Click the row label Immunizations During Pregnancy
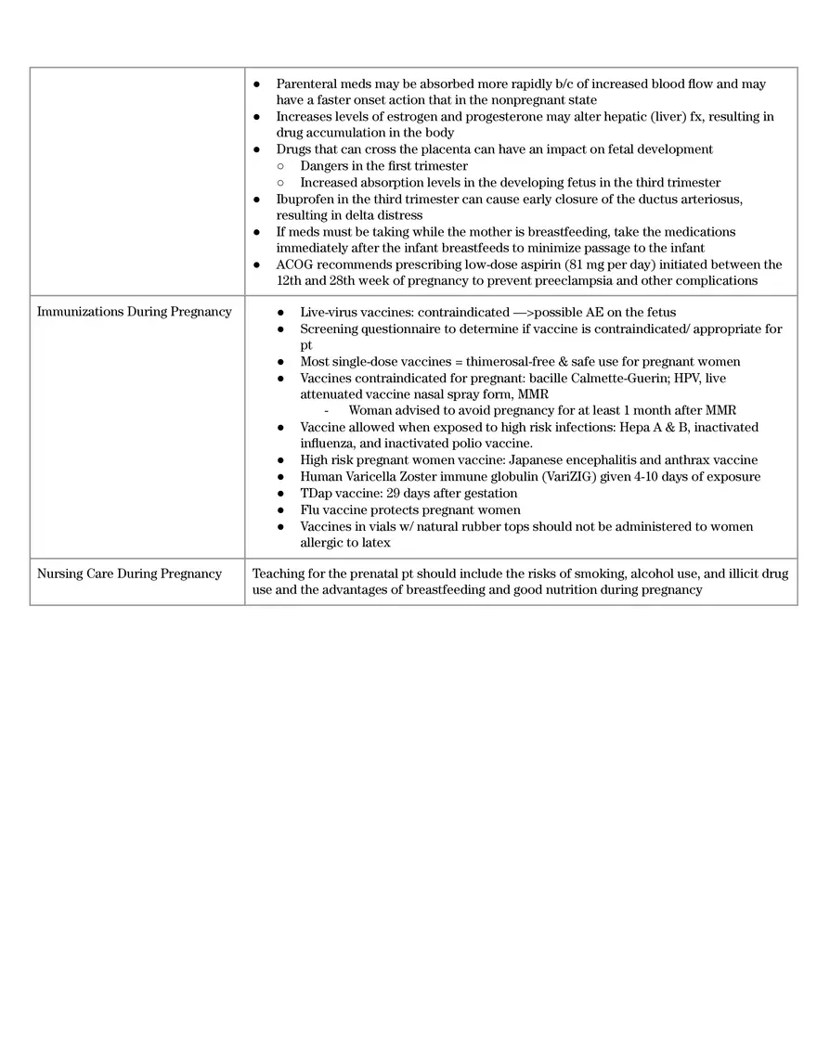tap(134, 312)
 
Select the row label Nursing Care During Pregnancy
tap(129, 574)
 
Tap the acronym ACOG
tap(296, 264)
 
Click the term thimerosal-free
tap(502, 361)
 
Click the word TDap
tap(317, 494)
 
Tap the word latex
tap(373, 543)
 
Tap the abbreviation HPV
tap(685, 378)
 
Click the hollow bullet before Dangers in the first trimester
tap(280, 166)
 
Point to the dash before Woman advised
tap(327, 411)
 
